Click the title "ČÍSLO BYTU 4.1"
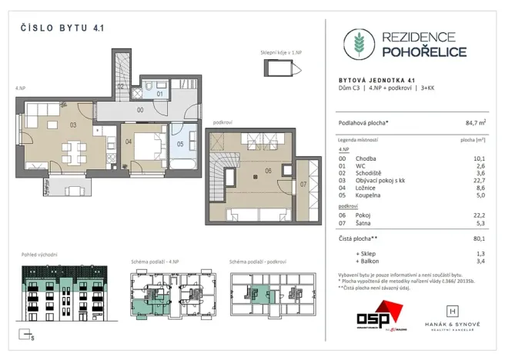click(61, 28)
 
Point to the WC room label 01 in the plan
click(160, 94)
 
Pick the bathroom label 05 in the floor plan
click(180, 143)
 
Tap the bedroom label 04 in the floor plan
click(129, 142)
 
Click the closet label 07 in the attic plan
click(303, 185)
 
